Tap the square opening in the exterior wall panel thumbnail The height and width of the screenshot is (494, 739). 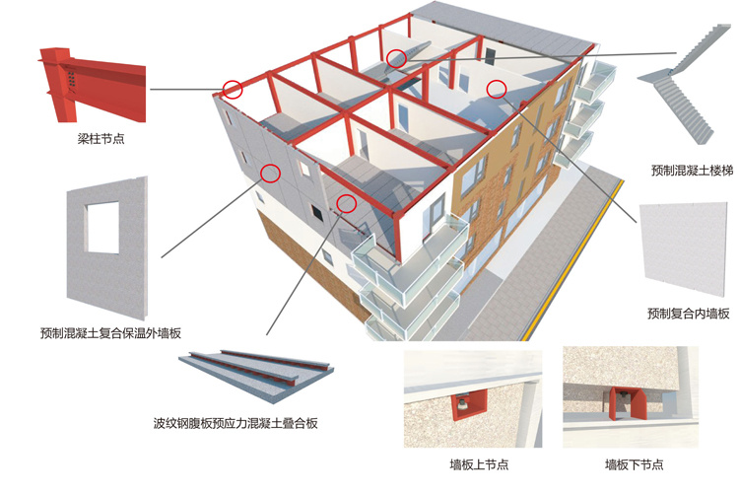(x=101, y=226)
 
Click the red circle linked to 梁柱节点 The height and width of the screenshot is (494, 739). (x=233, y=89)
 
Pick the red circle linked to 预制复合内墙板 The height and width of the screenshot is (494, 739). (x=497, y=89)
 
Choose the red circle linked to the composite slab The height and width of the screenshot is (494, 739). (x=345, y=203)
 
